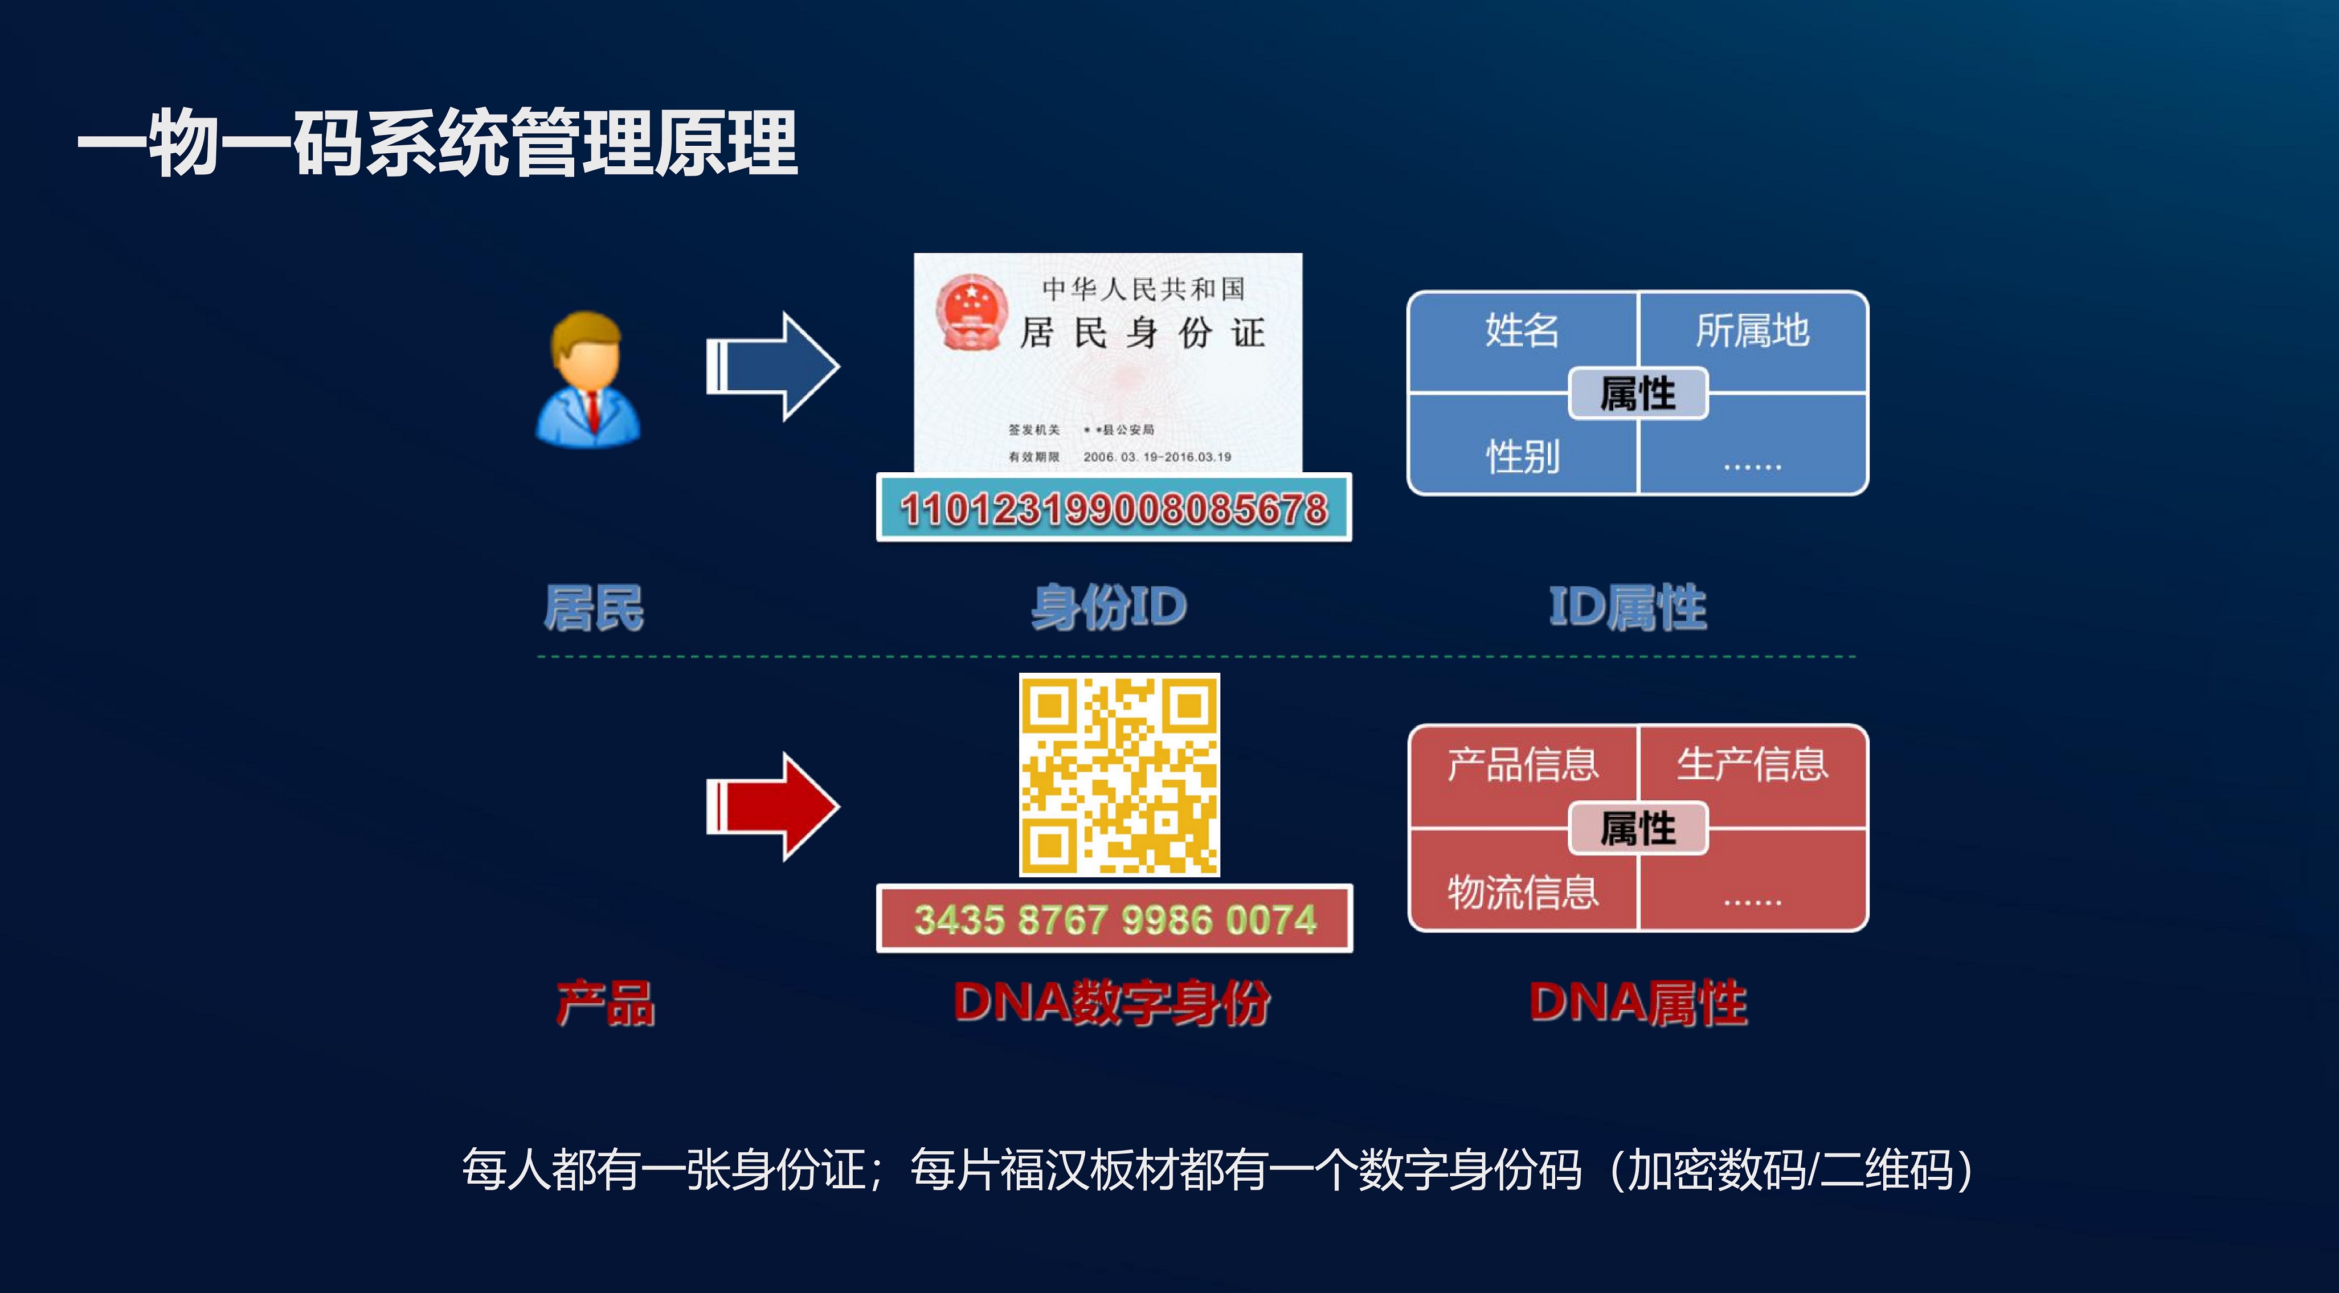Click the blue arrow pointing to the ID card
(x=772, y=367)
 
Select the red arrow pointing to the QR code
(x=772, y=807)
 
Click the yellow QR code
(x=1119, y=775)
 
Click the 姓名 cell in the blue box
(x=1522, y=330)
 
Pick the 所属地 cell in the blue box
(x=1752, y=330)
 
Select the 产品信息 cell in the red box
(x=1523, y=764)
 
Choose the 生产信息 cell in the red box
(x=1752, y=764)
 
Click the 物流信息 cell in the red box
(x=1523, y=891)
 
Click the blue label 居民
(x=594, y=607)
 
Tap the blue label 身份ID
(x=1109, y=607)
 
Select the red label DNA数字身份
(x=1111, y=1003)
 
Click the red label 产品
(x=605, y=1003)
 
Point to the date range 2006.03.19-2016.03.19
(x=1157, y=457)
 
